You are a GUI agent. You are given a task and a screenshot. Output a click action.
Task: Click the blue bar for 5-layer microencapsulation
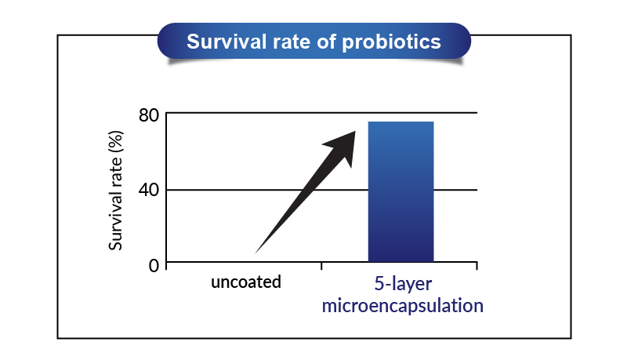(x=400, y=191)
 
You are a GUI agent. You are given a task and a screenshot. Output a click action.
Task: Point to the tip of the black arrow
(x=356, y=131)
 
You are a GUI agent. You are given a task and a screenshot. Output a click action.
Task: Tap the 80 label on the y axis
(x=149, y=115)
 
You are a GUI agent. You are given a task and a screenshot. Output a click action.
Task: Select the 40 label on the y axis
(x=149, y=190)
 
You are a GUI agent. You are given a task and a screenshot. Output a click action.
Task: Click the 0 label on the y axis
(x=154, y=265)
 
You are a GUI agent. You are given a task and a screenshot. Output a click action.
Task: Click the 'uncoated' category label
(x=246, y=282)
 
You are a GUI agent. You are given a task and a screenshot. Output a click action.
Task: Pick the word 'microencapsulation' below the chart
(x=403, y=306)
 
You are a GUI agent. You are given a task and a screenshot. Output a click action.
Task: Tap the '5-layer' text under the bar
(x=403, y=284)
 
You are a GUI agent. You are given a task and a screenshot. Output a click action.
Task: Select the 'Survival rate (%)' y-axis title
(x=115, y=191)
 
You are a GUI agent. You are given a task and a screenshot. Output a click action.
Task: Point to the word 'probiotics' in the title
(x=391, y=42)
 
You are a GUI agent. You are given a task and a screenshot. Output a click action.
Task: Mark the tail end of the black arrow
(x=256, y=253)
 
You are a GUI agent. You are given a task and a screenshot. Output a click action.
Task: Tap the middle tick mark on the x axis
(x=321, y=266)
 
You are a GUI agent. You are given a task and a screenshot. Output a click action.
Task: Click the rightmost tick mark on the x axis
(x=477, y=266)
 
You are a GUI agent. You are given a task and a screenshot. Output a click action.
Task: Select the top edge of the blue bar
(x=400, y=122)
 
